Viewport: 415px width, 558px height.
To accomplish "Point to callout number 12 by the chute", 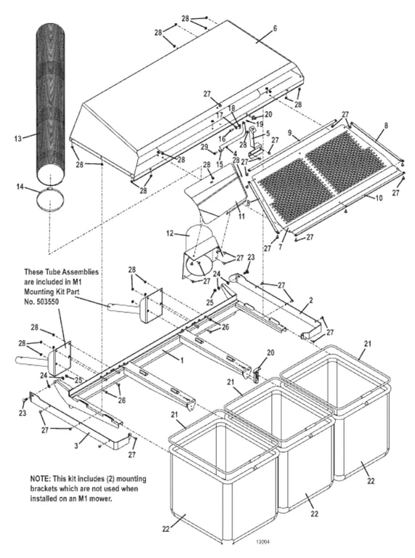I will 169,233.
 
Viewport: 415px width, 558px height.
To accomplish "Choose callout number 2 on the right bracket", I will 310,299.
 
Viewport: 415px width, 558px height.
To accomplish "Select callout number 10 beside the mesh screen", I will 379,196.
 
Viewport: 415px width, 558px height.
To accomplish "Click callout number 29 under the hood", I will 204,147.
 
